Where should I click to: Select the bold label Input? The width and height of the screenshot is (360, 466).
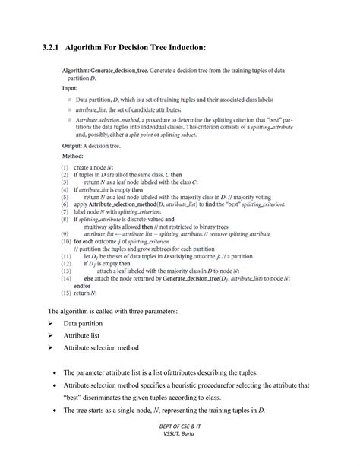[x=70, y=88]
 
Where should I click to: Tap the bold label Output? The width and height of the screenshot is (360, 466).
[x=73, y=145]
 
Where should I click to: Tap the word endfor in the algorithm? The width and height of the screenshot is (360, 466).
[x=83, y=285]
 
